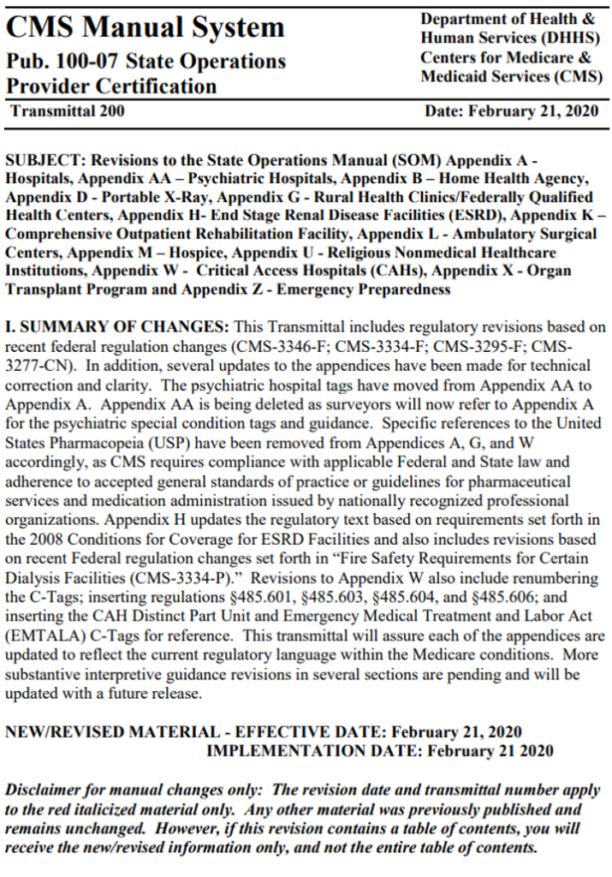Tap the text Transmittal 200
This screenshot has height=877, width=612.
tap(68, 111)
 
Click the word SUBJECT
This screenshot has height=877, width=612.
tap(43, 160)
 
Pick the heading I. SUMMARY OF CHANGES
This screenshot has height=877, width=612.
tap(117, 326)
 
